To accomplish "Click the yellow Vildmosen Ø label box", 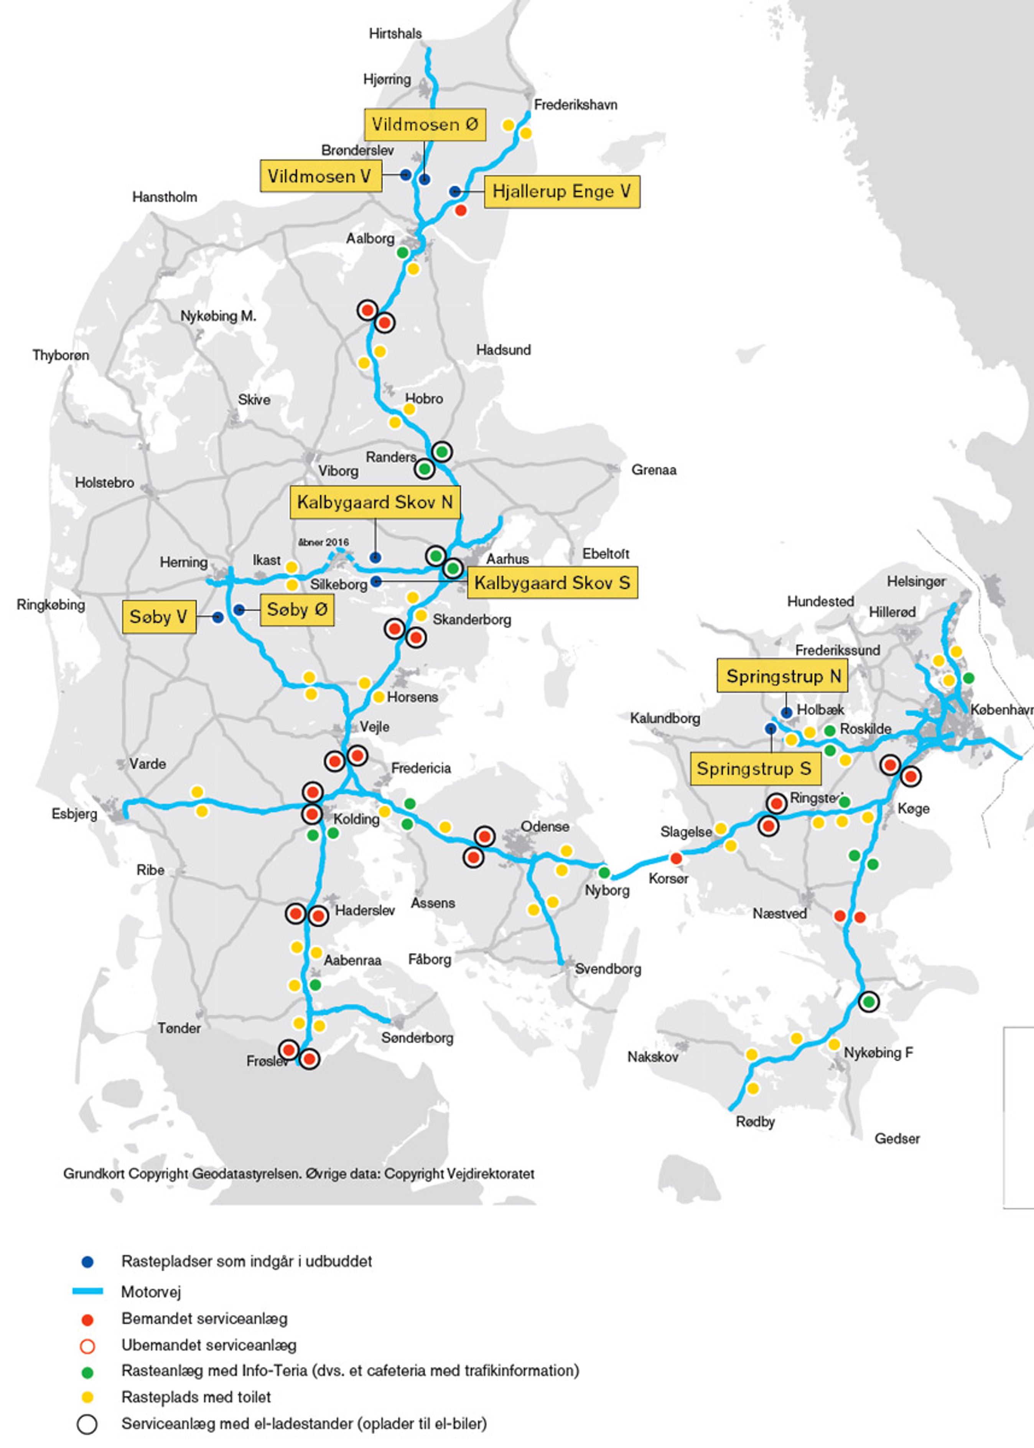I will [x=425, y=124].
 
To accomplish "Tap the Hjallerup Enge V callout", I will [x=561, y=192].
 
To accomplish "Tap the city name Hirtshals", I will [x=395, y=33].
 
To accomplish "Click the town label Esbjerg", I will [x=74, y=814].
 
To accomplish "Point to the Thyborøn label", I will [x=61, y=355].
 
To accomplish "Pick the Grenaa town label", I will [x=653, y=470].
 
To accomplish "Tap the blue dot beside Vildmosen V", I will [x=405, y=175].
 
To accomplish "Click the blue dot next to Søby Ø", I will [x=239, y=610].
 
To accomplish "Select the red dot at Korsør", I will [x=676, y=858].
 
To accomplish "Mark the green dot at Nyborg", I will [x=604, y=872].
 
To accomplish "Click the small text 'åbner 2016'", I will [x=323, y=542].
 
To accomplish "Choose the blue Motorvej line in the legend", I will [x=87, y=1292].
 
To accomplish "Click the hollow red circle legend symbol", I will [x=87, y=1346].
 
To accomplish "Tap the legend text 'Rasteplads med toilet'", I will [x=196, y=1397].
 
